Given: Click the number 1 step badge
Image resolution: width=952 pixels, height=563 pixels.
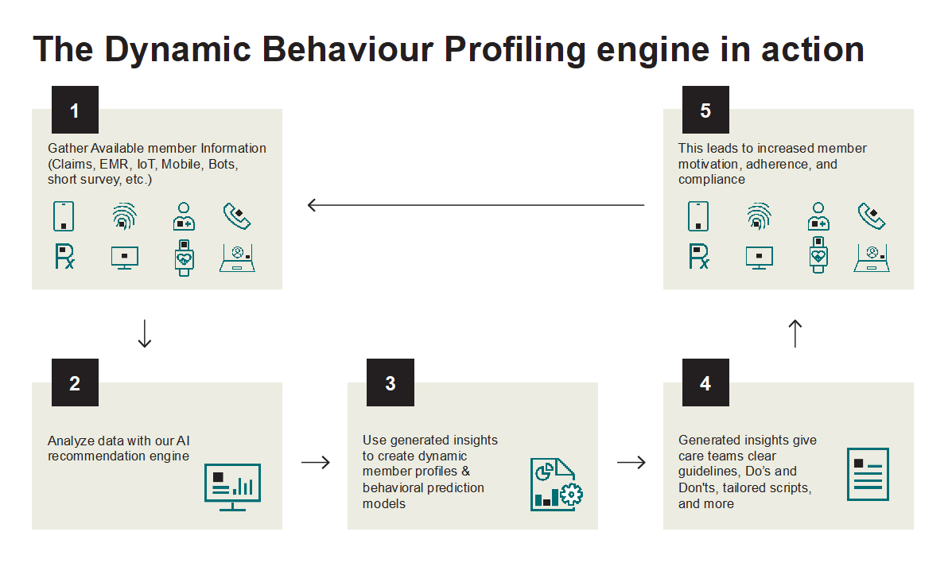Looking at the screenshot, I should pos(75,110).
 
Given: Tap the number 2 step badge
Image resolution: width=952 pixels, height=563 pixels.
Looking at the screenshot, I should pos(75,383).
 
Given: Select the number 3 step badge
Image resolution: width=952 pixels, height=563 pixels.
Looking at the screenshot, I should pos(391,383).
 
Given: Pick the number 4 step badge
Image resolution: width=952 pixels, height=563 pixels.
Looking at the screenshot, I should pos(705,383).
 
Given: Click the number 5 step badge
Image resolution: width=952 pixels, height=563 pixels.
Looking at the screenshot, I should pos(705,110).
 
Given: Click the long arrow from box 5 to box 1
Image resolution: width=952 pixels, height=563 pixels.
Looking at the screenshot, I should pos(476,205).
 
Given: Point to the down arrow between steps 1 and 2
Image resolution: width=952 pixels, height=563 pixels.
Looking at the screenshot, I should pos(144,333).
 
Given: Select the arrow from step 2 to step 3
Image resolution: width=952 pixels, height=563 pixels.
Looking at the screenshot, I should pos(315,462).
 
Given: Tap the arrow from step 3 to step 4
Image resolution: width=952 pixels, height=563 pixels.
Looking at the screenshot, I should pos(631,462).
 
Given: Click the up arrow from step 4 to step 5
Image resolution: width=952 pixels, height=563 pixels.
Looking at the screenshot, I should pos(795,333).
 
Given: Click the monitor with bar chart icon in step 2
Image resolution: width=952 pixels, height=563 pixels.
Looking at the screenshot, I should pos(232,484).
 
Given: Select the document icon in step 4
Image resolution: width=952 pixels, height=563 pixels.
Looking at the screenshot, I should pos(868,474).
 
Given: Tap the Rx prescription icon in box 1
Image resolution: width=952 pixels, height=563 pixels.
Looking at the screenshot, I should pos(64,256).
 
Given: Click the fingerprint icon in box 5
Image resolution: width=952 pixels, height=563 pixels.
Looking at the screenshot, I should pos(759,215).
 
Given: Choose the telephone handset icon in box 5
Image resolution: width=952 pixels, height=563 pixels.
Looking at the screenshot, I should pos(872,215).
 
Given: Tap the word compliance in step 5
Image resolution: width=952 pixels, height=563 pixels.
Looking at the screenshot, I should pos(712,180).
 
